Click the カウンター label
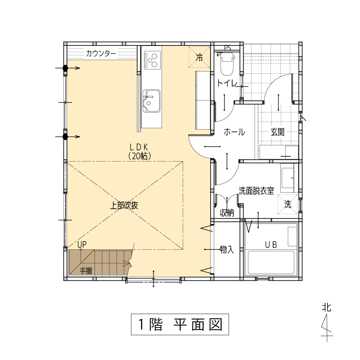tap(101, 54)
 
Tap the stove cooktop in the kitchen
tap(152, 60)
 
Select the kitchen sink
tap(152, 101)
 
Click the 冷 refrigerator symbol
tap(199, 57)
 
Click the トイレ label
tap(227, 83)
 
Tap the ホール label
tap(234, 132)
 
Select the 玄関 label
tap(278, 132)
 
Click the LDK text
tap(139, 147)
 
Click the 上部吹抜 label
tap(124, 206)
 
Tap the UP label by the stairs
tap(82, 244)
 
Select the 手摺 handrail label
tap(86, 271)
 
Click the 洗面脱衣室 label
tap(256, 191)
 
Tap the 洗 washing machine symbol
tap(288, 204)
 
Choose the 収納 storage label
tap(227, 213)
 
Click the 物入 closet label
tap(227, 249)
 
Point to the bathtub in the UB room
tap(271, 262)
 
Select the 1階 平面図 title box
tap(180, 324)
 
